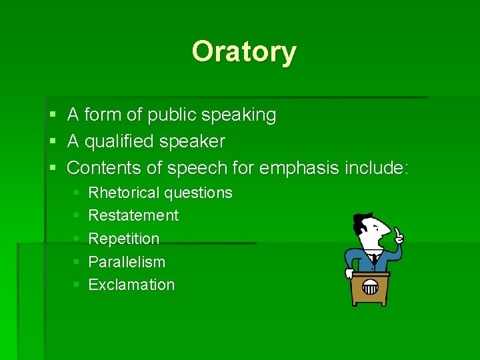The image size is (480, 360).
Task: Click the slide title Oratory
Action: [x=243, y=51]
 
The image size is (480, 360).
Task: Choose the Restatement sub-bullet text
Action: [x=133, y=215]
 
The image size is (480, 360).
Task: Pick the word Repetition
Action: [x=124, y=239]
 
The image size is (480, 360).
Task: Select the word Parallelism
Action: [x=127, y=262]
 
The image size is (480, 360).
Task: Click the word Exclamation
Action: [x=131, y=285]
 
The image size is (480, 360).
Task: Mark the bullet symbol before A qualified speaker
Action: [x=53, y=142]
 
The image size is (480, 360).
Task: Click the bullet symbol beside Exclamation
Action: [x=76, y=285]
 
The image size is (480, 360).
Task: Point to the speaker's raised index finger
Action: [x=397, y=231]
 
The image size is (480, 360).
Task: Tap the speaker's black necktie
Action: [x=374, y=259]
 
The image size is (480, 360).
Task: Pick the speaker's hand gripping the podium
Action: [x=349, y=273]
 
